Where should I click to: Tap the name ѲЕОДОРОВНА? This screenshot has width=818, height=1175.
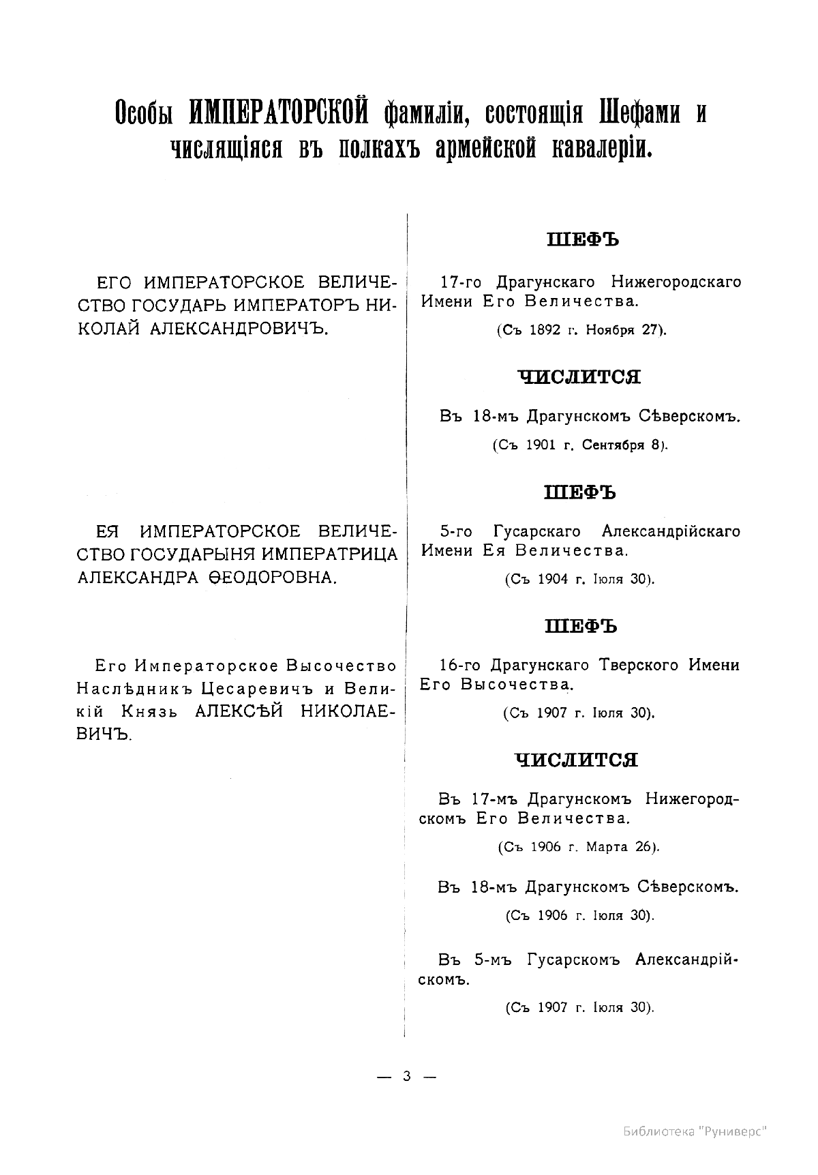269,578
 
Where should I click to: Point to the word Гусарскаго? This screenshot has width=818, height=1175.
541,531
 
